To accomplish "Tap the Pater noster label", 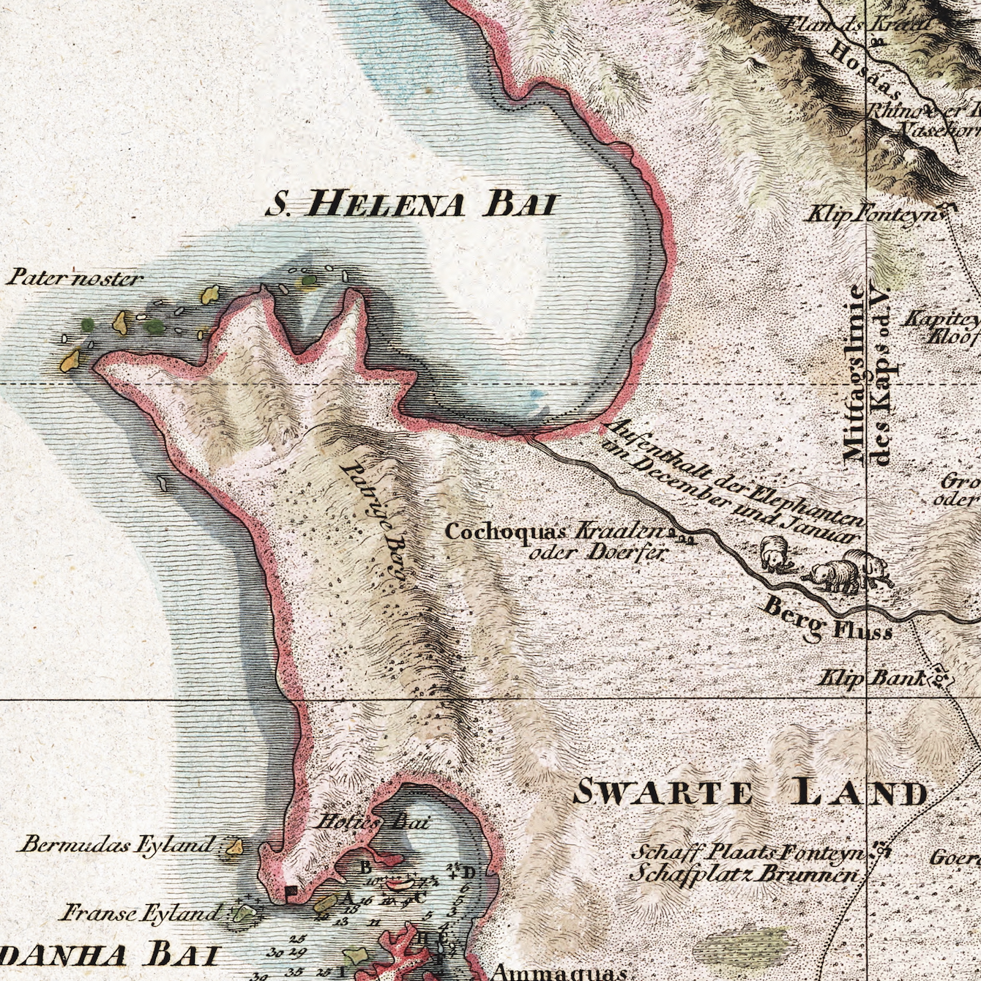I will [75, 278].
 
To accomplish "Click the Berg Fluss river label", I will [827, 619].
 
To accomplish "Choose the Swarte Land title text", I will [750, 793].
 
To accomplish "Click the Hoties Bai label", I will [371, 821].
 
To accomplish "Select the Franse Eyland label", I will [141, 913].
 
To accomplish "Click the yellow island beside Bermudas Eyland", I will [234, 847].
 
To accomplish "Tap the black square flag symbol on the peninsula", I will [291, 891].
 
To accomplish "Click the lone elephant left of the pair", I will [773, 553].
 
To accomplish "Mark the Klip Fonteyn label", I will [871, 215].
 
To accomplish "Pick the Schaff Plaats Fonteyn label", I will [750, 852].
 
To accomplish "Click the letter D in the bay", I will [469, 872].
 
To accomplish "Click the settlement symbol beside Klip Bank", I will [940, 680].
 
